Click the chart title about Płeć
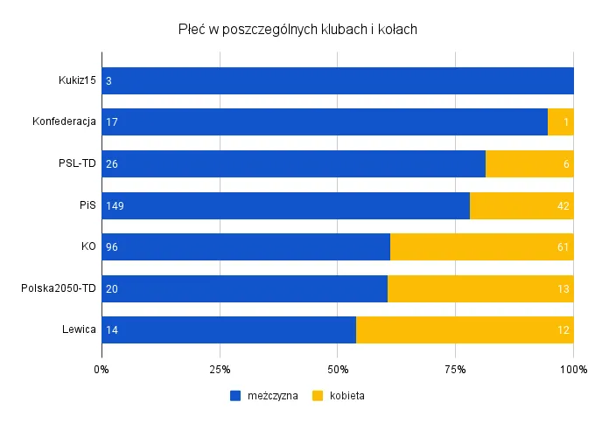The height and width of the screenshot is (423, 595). click(297, 30)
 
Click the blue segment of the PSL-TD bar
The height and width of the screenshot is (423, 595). click(293, 164)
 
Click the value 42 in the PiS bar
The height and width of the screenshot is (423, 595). click(563, 206)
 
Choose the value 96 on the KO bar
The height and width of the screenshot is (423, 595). click(111, 247)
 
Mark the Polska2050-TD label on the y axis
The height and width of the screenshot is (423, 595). click(59, 288)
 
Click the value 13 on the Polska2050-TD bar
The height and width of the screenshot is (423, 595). click(563, 289)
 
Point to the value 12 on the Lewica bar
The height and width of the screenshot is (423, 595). click(563, 330)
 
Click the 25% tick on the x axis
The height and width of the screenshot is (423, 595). click(220, 370)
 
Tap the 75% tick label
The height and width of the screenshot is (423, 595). click(455, 370)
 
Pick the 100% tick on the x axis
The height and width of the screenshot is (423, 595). click(573, 370)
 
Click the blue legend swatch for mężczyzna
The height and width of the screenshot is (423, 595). click(235, 396)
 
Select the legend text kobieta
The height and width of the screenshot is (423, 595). click(346, 396)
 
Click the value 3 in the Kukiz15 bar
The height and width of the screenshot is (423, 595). click(108, 81)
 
